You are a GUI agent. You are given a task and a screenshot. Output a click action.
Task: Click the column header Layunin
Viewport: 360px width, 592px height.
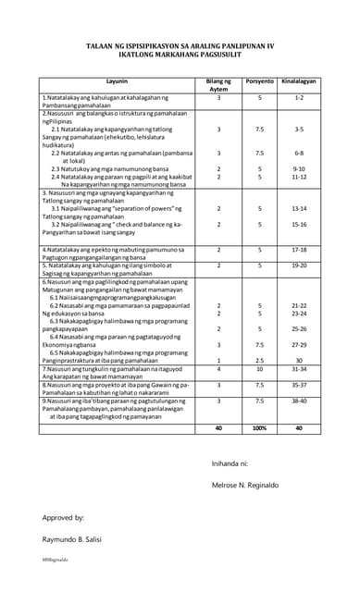[x=117, y=81]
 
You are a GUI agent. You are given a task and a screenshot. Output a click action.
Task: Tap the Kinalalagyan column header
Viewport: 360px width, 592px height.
[x=299, y=81]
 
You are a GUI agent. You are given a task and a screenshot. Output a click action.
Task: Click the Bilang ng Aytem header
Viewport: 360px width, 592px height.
[x=219, y=84]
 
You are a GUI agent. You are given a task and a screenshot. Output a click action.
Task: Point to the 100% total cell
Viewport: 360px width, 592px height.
[x=260, y=428]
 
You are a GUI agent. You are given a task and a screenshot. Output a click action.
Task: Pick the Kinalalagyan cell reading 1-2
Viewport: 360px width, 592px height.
[x=299, y=97]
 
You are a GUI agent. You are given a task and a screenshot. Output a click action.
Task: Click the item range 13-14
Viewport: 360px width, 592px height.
[x=299, y=209]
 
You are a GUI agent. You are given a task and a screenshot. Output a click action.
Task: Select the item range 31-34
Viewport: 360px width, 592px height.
[x=299, y=368]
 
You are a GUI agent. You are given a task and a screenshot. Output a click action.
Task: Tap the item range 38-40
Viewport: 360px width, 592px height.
[x=299, y=401]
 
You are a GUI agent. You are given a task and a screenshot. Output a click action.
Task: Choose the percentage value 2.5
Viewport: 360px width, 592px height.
[x=260, y=360]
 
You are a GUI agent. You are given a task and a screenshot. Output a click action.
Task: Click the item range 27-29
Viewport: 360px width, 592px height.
[x=299, y=344]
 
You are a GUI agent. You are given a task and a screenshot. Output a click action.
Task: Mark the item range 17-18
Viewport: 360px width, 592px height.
[x=299, y=249]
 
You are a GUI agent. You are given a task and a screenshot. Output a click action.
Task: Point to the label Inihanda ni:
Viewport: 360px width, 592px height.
[x=230, y=462]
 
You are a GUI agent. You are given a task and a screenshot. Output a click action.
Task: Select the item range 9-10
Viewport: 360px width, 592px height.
[x=299, y=168]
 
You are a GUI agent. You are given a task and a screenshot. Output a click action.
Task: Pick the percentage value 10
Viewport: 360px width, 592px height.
[x=260, y=368]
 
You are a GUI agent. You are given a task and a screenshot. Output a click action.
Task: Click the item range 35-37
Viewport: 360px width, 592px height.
[x=299, y=384]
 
